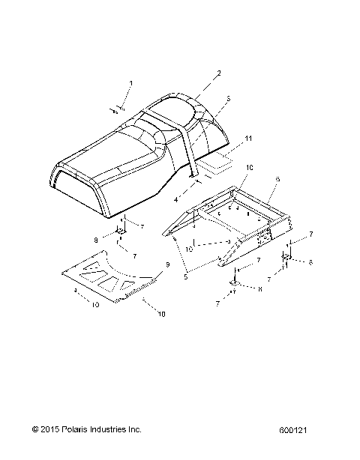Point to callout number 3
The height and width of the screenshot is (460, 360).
pos(227,98)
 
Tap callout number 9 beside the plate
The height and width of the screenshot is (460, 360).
pos(167,265)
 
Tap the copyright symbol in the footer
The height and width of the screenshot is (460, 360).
pos(35,429)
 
